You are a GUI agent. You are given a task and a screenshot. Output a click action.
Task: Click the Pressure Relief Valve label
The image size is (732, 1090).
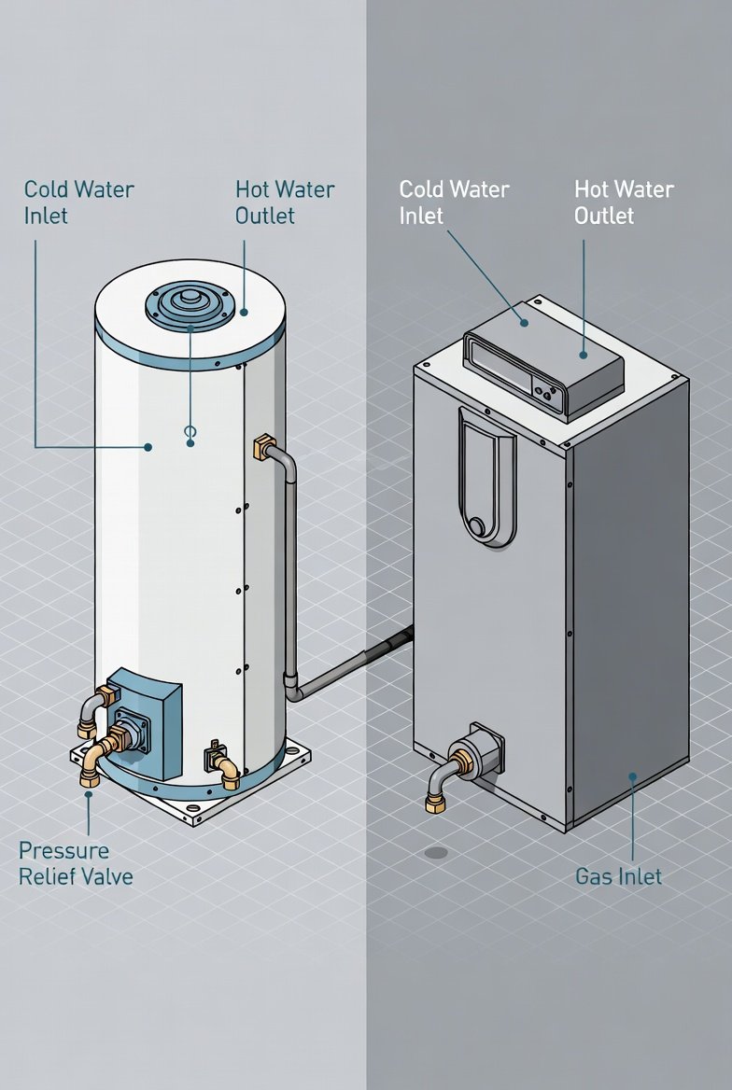(x=76, y=863)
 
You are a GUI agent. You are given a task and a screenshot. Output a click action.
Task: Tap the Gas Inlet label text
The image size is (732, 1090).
(x=618, y=876)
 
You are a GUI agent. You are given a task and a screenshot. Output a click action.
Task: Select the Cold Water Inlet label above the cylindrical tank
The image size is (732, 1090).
(x=79, y=203)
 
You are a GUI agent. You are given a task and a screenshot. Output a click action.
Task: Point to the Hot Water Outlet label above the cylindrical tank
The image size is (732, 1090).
(x=284, y=203)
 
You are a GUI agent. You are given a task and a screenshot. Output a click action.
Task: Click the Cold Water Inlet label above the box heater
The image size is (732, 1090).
(x=454, y=203)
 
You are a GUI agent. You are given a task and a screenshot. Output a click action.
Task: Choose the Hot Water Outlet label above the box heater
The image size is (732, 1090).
(x=623, y=203)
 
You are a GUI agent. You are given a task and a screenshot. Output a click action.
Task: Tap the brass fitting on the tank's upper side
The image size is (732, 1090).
(x=264, y=446)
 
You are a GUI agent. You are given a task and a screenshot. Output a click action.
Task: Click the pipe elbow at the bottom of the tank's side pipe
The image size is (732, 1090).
(x=293, y=691)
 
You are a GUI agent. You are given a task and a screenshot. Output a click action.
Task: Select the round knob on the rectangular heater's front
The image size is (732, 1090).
(x=478, y=527)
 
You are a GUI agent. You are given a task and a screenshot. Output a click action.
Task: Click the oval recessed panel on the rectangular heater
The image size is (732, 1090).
(x=486, y=476)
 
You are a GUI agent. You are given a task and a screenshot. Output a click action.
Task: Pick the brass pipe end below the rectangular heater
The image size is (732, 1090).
(x=435, y=802)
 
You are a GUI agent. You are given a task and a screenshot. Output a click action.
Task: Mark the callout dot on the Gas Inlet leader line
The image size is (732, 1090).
(x=632, y=776)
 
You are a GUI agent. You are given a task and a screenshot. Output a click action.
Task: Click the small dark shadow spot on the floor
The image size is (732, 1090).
(x=435, y=852)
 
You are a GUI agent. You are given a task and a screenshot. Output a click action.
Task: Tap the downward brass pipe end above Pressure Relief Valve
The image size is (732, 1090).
(x=91, y=776)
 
